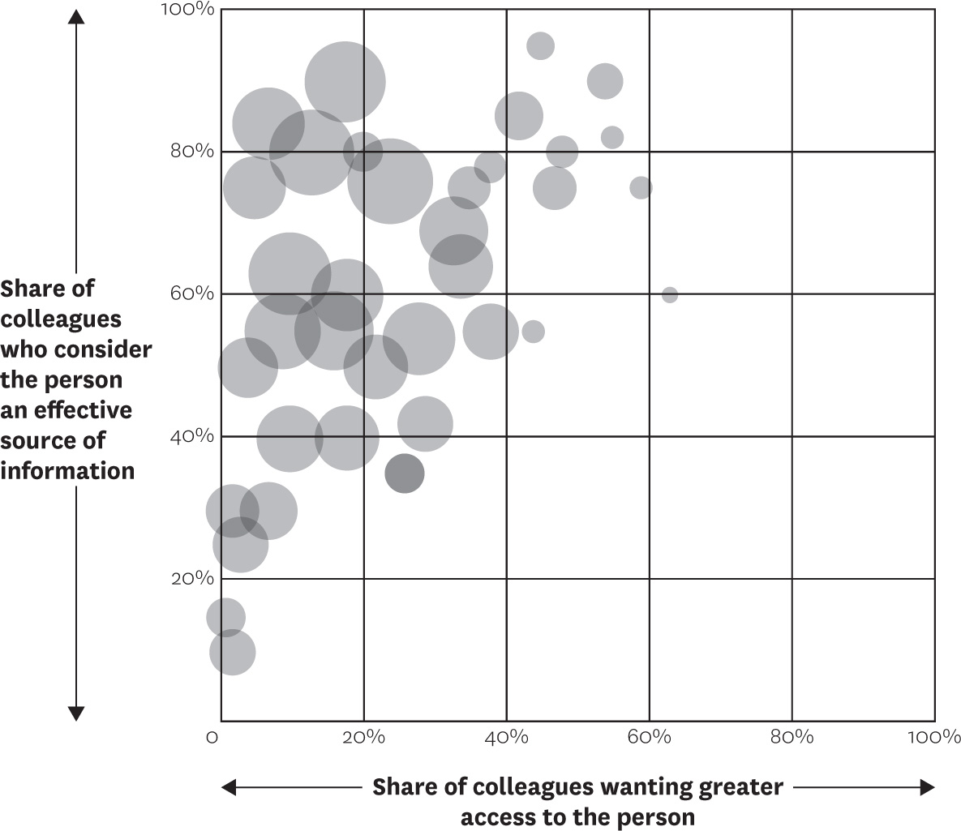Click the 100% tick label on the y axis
click(187, 9)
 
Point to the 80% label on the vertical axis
click(192, 151)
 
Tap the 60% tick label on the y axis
click(192, 293)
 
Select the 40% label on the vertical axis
click(192, 435)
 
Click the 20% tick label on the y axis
click(192, 578)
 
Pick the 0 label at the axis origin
click(212, 737)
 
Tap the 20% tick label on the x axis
click(363, 737)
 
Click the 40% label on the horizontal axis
click(506, 737)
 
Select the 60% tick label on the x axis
click(649, 737)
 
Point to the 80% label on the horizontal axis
click(792, 737)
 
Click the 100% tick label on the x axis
click(934, 737)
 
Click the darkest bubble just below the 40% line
click(405, 473)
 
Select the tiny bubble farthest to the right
click(670, 295)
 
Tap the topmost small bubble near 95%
click(541, 46)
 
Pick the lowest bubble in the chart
click(232, 652)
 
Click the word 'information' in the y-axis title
click(67, 471)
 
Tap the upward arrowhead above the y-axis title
click(76, 16)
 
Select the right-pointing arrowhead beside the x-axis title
click(927, 787)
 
